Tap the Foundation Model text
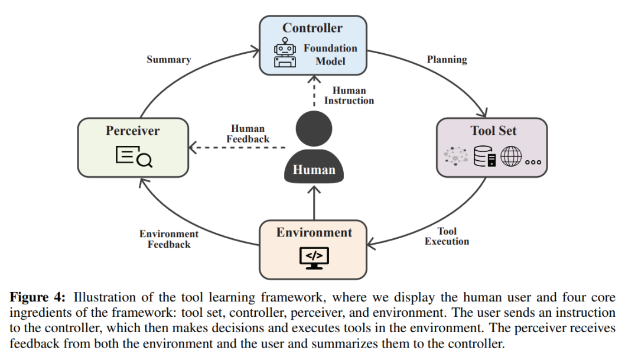[x=330, y=54]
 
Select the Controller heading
[x=312, y=28]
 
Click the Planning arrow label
[x=447, y=59]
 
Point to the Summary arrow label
[x=168, y=59]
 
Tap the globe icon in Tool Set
[x=511, y=156]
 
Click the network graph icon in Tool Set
[x=456, y=156]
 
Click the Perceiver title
[x=132, y=131]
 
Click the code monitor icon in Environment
[x=314, y=257]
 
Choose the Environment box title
[x=314, y=232]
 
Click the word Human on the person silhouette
[x=314, y=170]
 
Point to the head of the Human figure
[x=314, y=129]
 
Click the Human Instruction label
[x=349, y=96]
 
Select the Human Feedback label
[x=248, y=134]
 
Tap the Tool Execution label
[x=447, y=236]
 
